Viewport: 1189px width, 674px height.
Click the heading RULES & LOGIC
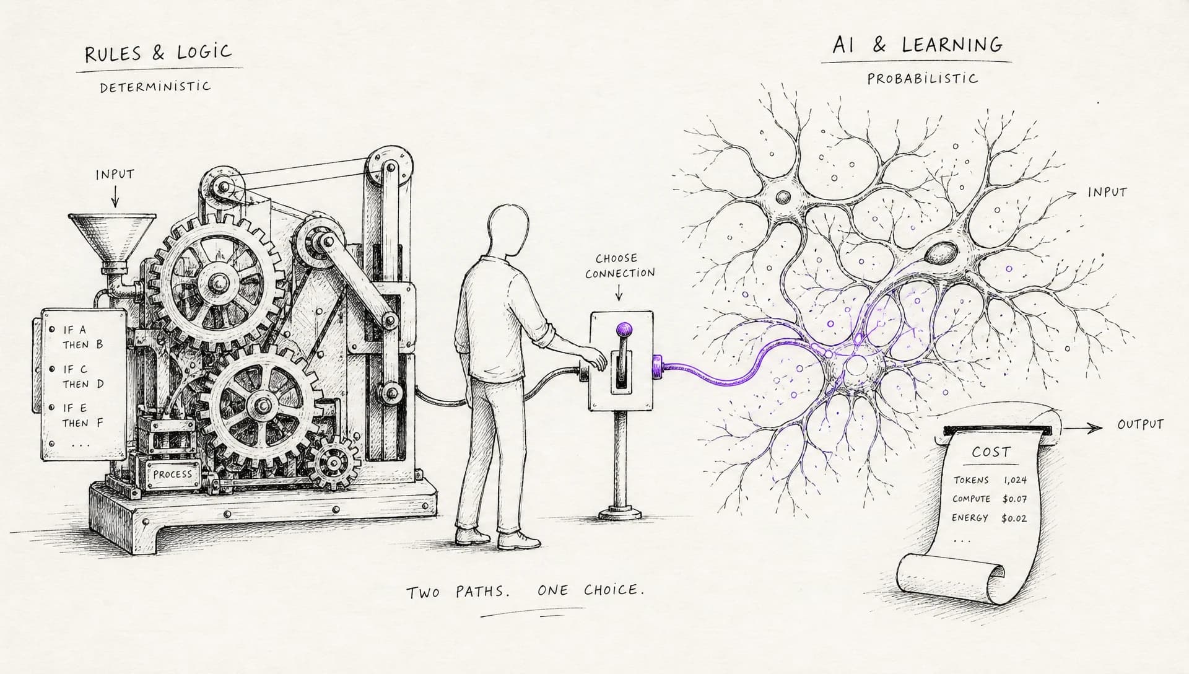[x=158, y=53]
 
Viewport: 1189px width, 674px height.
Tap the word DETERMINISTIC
[x=155, y=86]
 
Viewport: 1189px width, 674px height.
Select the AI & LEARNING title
[x=917, y=45]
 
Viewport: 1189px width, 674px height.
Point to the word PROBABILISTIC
[x=923, y=79]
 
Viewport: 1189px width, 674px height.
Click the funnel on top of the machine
[x=112, y=239]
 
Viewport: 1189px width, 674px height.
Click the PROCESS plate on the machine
[x=173, y=474]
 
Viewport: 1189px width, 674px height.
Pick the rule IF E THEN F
[x=82, y=415]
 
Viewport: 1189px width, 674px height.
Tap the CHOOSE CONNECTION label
[x=619, y=265]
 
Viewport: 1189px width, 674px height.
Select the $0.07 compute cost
[x=1014, y=499]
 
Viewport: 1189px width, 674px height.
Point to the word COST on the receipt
[x=991, y=452]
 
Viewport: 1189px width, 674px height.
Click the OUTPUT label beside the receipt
[x=1141, y=425]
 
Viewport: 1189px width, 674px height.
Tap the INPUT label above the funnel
[x=115, y=175]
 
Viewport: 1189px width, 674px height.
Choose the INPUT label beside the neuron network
[x=1107, y=193]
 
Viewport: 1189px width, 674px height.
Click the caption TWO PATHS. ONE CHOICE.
[x=525, y=590]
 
